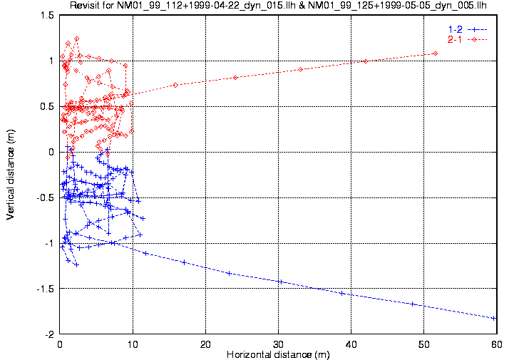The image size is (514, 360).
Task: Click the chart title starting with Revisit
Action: pyautogui.click(x=282, y=6)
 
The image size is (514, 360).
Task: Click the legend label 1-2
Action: pyautogui.click(x=454, y=29)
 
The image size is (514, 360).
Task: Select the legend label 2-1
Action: pyautogui.click(x=454, y=38)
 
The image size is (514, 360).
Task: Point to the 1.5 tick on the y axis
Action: pyautogui.click(x=46, y=15)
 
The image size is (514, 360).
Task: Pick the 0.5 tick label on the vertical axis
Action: pyautogui.click(x=46, y=106)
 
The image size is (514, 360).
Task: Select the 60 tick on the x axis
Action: pyautogui.click(x=495, y=344)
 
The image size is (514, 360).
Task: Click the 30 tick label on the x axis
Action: pyautogui.click(x=279, y=344)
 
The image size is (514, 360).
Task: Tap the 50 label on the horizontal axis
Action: pyautogui.click(x=423, y=344)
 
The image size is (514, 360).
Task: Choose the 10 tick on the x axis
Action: pyautogui.click(x=133, y=344)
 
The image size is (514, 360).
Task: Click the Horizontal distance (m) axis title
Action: pyautogui.click(x=278, y=354)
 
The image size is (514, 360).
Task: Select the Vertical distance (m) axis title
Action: pyautogui.click(x=10, y=175)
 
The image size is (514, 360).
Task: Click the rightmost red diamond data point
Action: pyautogui.click(x=435, y=53)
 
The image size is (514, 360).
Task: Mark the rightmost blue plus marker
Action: pyautogui.click(x=494, y=318)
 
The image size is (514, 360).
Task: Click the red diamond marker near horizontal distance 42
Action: pyautogui.click(x=365, y=61)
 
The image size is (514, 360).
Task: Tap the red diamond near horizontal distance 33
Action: pyautogui.click(x=300, y=69)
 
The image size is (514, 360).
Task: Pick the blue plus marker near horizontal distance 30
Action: pyautogui.click(x=280, y=282)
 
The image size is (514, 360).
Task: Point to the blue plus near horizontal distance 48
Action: pyautogui.click(x=412, y=304)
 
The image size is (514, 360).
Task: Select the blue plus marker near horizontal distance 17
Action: pyautogui.click(x=184, y=262)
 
